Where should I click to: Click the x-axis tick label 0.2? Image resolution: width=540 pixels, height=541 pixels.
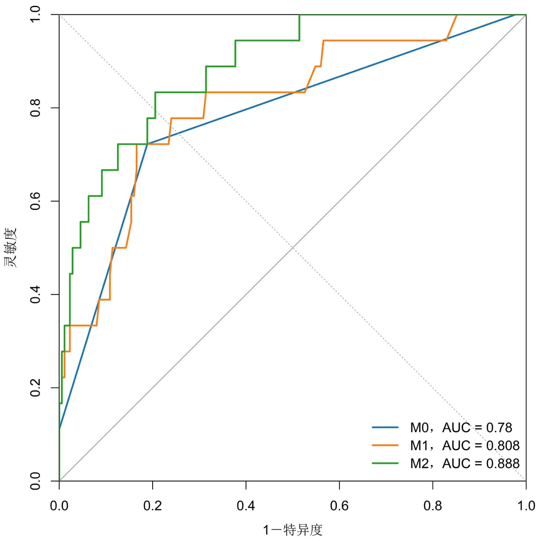(x=153, y=506)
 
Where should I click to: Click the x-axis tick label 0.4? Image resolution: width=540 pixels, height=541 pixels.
(x=246, y=506)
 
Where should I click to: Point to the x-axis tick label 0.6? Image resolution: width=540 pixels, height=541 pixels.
(x=339, y=506)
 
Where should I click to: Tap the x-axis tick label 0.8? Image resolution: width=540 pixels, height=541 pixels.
(x=433, y=506)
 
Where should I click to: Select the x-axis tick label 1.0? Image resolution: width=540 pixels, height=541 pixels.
(x=526, y=506)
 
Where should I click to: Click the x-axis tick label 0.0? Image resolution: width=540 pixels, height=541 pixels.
(x=59, y=506)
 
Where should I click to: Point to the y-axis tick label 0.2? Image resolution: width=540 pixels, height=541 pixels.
(x=35, y=387)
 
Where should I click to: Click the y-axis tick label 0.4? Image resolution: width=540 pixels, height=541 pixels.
(x=35, y=294)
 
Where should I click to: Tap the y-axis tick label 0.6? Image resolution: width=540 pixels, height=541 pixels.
(x=35, y=201)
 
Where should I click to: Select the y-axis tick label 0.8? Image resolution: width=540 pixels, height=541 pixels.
(x=35, y=108)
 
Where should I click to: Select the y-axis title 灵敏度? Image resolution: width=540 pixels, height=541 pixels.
(x=11, y=247)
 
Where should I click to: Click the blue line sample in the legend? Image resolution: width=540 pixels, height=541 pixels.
(x=385, y=428)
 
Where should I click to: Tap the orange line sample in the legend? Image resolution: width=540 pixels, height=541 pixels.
(x=385, y=446)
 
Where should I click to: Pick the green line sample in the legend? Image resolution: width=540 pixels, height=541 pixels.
(x=385, y=463)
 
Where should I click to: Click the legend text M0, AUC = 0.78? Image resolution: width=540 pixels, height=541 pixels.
(x=461, y=428)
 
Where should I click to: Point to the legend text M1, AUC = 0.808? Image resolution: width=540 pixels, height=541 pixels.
(x=465, y=446)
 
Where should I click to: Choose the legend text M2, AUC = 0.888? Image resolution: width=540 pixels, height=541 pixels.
(x=465, y=463)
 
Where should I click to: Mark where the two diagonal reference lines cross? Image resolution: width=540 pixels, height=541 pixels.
(x=292, y=248)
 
